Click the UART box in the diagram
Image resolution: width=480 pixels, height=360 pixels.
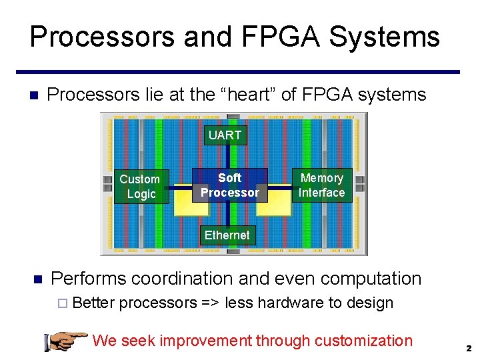pos(225,135)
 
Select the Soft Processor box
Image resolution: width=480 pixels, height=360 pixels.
pos(229,185)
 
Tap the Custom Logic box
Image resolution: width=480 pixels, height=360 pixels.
pos(140,187)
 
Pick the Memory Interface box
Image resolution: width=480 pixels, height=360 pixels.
pos(321,185)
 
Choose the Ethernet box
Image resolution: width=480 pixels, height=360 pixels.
pos(227,235)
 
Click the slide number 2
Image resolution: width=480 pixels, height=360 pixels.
pos(469,349)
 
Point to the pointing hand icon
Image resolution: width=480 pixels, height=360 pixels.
pos(65,341)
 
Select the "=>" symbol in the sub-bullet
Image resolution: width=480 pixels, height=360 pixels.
pos(211,303)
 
